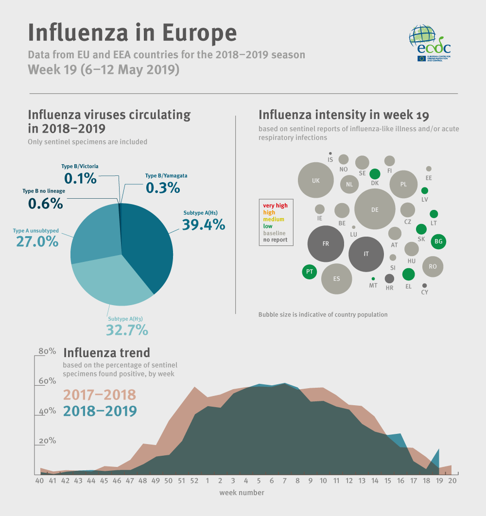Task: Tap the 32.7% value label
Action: click(x=127, y=330)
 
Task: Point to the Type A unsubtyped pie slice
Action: click(x=95, y=233)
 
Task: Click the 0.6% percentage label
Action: click(x=45, y=203)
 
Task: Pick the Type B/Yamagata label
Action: click(x=166, y=175)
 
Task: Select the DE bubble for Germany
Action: click(x=374, y=209)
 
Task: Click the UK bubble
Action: click(x=316, y=180)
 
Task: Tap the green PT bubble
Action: click(x=309, y=271)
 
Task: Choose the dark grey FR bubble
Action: click(x=326, y=243)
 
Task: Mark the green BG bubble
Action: click(x=438, y=241)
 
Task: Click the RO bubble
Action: click(x=433, y=266)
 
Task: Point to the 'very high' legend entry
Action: click(x=275, y=206)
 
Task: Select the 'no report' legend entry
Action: click(x=275, y=240)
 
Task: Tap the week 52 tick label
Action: click(x=194, y=481)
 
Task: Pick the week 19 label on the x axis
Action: click(x=439, y=481)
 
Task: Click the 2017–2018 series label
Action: click(x=100, y=395)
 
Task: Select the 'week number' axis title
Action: click(x=242, y=493)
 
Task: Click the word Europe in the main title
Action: click(x=199, y=32)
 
